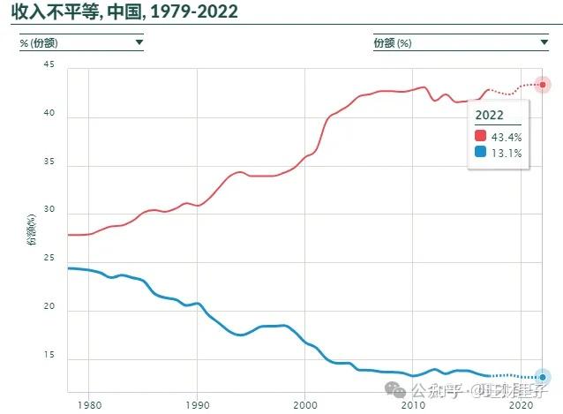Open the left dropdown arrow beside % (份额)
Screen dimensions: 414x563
[x=139, y=41]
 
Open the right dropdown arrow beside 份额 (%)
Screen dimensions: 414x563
[x=544, y=41]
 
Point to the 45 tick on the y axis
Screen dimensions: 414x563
[x=48, y=65]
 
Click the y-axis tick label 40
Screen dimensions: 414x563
[x=49, y=114]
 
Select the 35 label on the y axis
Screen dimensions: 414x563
[x=49, y=162]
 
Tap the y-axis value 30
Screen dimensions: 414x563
[x=49, y=211]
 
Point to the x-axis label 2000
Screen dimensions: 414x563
[x=304, y=404]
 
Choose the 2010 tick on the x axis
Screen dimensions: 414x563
[x=413, y=404]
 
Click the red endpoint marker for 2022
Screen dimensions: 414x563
[x=543, y=85]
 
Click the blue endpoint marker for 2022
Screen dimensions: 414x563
[x=543, y=377]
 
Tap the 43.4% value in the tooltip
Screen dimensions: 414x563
[x=507, y=137]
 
